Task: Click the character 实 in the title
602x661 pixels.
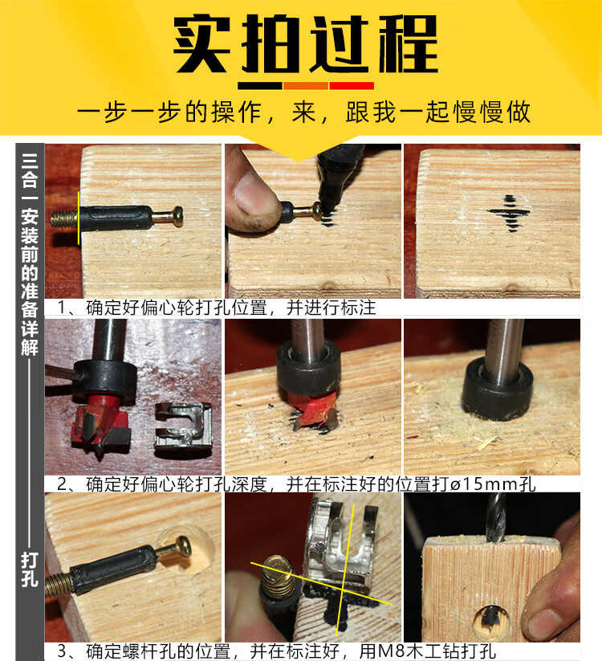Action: pos(202,44)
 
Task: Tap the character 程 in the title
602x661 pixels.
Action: pos(408,44)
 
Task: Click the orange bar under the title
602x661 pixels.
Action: pos(306,86)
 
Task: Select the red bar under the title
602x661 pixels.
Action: pos(352,86)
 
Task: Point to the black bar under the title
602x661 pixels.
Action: pos(260,86)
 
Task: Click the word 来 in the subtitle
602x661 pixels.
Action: pos(303,112)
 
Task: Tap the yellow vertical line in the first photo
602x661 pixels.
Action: pos(79,218)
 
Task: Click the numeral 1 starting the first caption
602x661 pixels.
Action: pos(62,307)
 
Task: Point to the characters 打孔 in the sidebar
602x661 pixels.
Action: pos(30,569)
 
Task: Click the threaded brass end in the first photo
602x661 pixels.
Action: pos(64,218)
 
